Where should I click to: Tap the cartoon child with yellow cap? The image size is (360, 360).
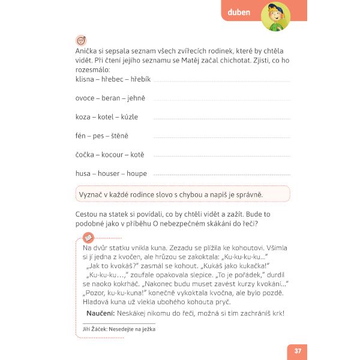277,16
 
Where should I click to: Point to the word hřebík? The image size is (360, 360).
140,79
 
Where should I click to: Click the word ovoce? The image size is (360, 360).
86,98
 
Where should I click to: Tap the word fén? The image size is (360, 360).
82,136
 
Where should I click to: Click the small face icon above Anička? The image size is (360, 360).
81,40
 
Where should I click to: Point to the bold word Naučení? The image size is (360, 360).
100,313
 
